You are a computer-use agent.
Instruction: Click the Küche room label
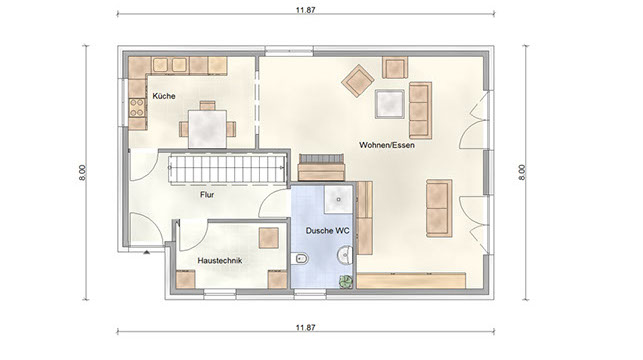click(x=164, y=96)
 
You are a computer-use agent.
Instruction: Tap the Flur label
click(x=207, y=195)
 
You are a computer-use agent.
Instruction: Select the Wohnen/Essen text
click(x=387, y=145)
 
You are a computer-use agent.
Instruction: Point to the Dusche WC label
click(x=328, y=231)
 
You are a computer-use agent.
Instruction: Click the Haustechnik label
click(x=220, y=260)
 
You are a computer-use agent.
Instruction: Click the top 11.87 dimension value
click(x=306, y=10)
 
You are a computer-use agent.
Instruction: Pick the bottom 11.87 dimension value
click(x=306, y=327)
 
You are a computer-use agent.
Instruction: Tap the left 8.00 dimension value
click(x=83, y=173)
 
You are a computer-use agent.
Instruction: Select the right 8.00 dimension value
click(x=522, y=173)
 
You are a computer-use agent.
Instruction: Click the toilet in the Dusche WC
click(x=301, y=259)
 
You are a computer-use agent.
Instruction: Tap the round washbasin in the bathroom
click(x=345, y=255)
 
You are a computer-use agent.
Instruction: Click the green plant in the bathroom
click(x=345, y=281)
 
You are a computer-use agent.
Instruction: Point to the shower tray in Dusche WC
click(x=339, y=199)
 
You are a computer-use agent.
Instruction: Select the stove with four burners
click(x=137, y=107)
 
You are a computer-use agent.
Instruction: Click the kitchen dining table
click(x=207, y=129)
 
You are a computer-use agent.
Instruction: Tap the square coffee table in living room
click(x=390, y=103)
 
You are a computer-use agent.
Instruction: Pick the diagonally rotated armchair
click(x=358, y=80)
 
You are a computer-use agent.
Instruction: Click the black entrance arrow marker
click(x=146, y=253)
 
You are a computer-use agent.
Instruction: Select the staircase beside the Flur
click(x=228, y=169)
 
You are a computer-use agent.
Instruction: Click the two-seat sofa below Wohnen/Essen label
click(x=439, y=208)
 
